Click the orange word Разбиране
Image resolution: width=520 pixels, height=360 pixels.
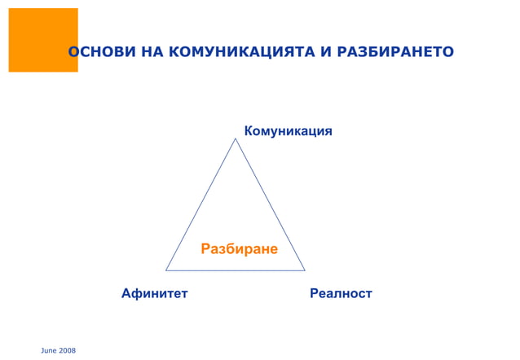[240, 248]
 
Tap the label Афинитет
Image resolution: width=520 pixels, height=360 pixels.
[154, 292]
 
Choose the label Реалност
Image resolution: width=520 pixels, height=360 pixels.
[341, 292]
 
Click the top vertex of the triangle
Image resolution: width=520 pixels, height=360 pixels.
[236, 139]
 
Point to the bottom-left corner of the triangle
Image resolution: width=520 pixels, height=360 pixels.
[166, 270]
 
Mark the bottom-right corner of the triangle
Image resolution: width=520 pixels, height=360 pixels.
[304, 270]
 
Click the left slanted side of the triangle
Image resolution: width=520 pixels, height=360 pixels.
[201, 204]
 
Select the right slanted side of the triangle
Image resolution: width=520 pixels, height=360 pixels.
[270, 204]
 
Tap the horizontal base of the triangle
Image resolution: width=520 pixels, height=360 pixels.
[236, 270]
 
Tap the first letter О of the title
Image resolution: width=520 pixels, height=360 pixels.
[73, 53]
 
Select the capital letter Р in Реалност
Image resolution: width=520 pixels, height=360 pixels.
[315, 292]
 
